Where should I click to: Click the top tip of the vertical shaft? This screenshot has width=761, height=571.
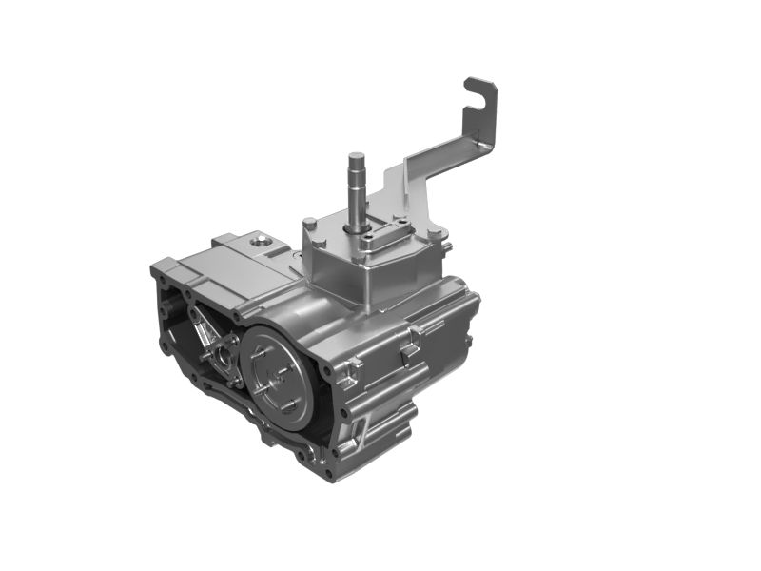pos(356,156)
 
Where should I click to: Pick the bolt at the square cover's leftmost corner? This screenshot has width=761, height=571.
pos(309,226)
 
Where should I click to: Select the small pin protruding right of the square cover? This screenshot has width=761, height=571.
pos(449,250)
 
